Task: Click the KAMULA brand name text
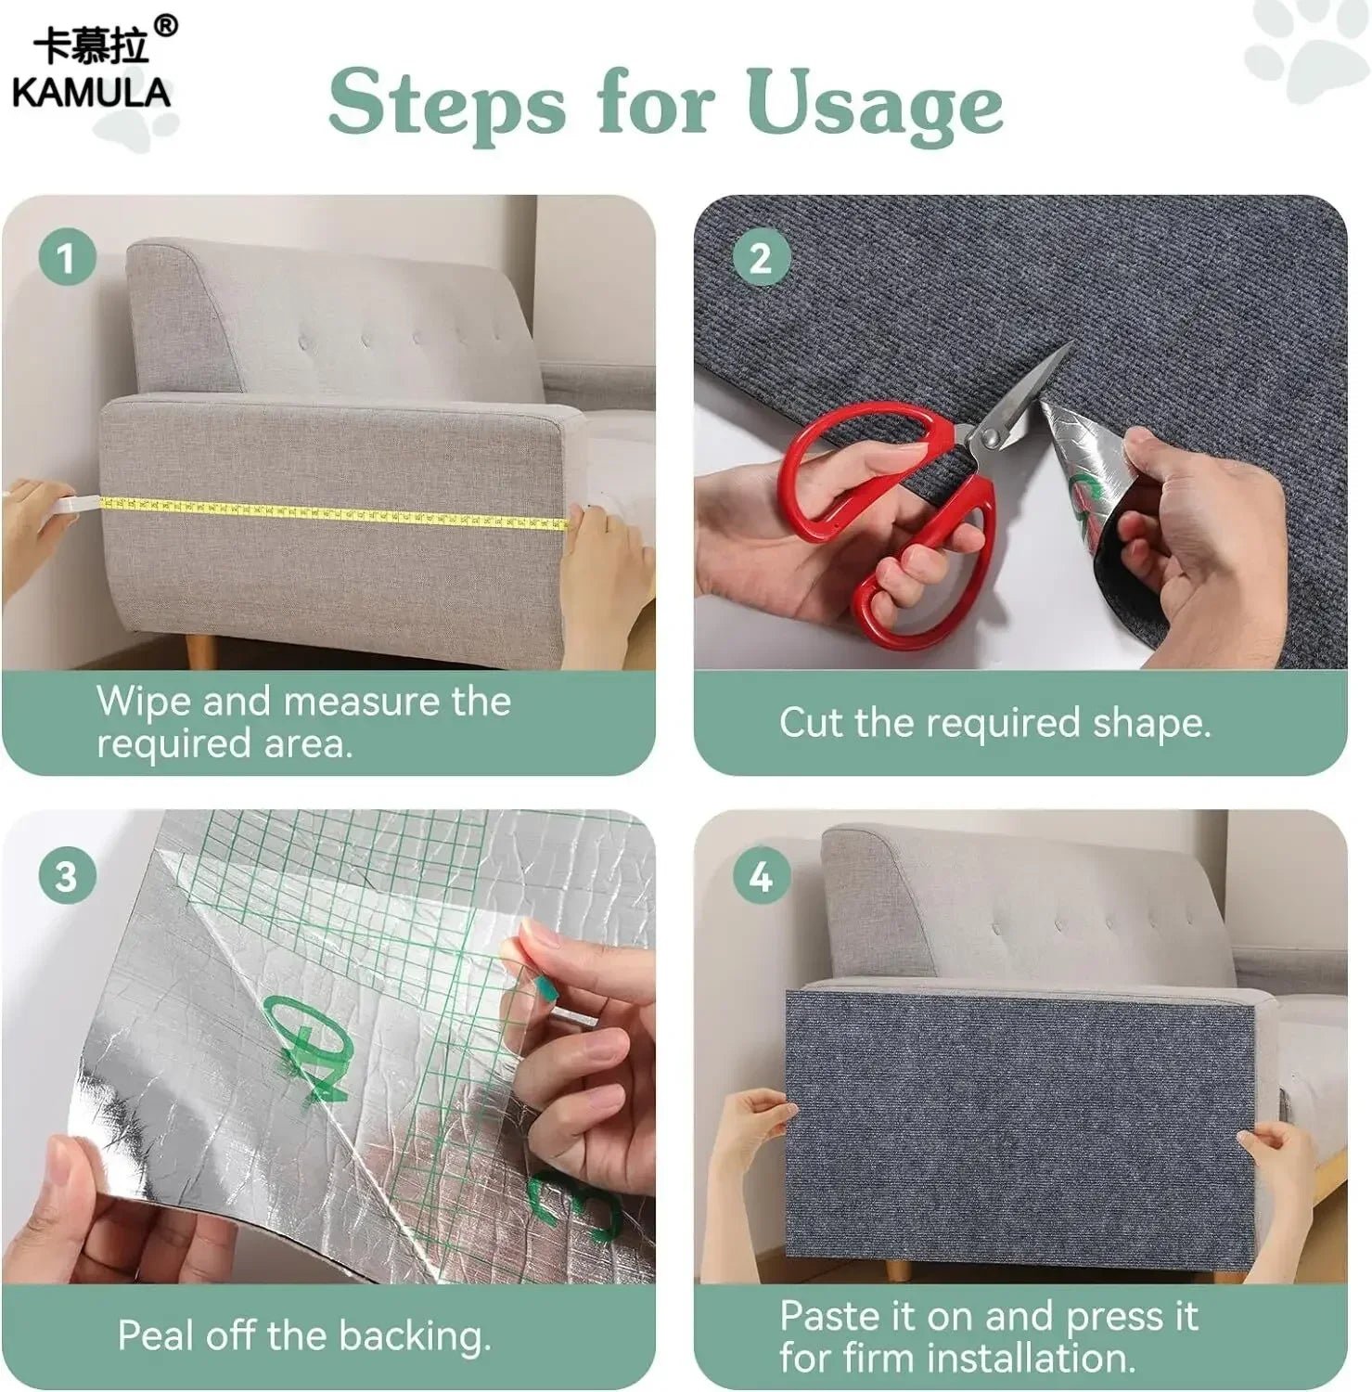click(x=91, y=93)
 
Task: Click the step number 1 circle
click(x=67, y=257)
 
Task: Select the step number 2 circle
click(x=760, y=257)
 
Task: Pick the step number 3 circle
click(x=67, y=875)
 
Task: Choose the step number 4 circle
click(x=760, y=875)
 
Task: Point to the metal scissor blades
click(x=1030, y=390)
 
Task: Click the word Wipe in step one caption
click(x=144, y=701)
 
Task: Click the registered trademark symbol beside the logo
click(x=165, y=26)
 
